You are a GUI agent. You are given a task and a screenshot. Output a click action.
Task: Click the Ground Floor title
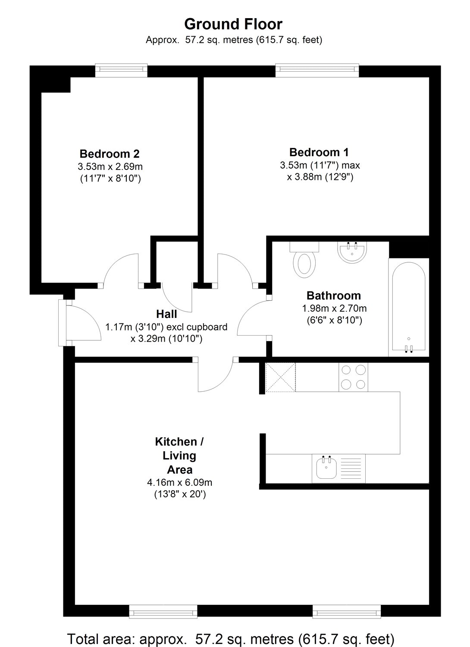233,24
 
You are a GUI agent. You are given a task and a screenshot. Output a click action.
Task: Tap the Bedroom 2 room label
110,154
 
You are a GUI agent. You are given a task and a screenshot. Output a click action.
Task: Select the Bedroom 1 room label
319,152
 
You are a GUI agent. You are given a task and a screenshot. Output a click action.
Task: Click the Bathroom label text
334,295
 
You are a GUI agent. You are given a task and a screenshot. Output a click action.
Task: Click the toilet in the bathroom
304,261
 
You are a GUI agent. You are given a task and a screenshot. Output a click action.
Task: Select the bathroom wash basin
352,251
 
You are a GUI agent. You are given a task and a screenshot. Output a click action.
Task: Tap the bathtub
409,307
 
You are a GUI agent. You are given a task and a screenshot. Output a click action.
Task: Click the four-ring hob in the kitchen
353,377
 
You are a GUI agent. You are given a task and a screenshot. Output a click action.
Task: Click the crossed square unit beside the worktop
280,377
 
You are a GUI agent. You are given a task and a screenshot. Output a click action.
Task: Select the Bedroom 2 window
121,70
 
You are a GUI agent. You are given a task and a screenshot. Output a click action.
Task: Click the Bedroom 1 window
317,70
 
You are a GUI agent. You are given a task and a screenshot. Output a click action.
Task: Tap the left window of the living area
163,611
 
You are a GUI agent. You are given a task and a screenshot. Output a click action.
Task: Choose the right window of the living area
347,611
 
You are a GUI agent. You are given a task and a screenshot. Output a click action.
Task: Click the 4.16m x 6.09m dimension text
179,482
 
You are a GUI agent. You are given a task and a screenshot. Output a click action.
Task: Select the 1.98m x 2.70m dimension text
334,308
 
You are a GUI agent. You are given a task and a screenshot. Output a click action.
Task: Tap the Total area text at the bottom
231,638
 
